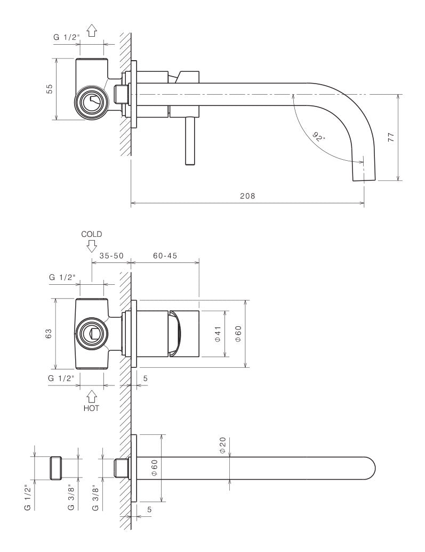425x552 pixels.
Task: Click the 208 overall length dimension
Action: click(247, 195)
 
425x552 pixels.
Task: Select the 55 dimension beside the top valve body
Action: click(49, 89)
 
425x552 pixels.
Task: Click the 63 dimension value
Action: click(49, 333)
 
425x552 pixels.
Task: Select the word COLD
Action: click(91, 234)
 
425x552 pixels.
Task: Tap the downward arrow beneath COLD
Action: click(91, 245)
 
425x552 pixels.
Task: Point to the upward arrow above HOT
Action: click(91, 396)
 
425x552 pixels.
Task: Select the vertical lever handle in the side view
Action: click(189, 141)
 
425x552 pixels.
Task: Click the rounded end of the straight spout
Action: click(369, 467)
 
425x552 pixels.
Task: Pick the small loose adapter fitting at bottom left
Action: click(56, 468)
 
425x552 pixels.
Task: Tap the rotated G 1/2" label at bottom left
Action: click(27, 498)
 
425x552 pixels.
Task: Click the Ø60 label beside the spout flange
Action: click(153, 467)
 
